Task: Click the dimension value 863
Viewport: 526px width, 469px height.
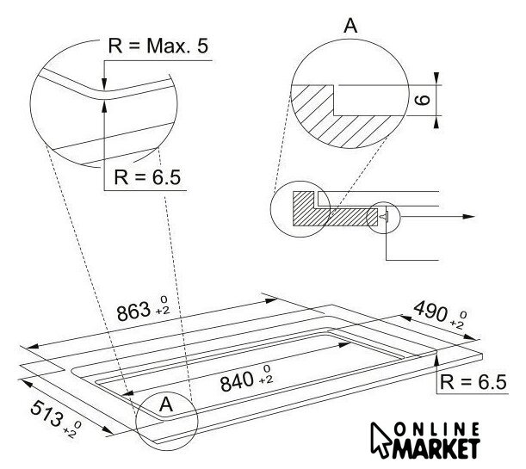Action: pyautogui.click(x=133, y=312)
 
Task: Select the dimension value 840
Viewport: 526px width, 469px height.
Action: pyautogui.click(x=237, y=382)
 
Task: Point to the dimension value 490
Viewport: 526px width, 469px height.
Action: pyautogui.click(x=430, y=312)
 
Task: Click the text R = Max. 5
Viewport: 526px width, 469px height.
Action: pyautogui.click(x=158, y=46)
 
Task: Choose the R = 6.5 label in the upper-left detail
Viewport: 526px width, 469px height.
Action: pyautogui.click(x=147, y=177)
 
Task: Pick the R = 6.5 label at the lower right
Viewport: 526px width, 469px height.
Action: pyautogui.click(x=473, y=382)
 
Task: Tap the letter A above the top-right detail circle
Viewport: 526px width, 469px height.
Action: pyautogui.click(x=350, y=26)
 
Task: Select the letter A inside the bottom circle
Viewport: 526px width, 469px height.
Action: pyautogui.click(x=166, y=404)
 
